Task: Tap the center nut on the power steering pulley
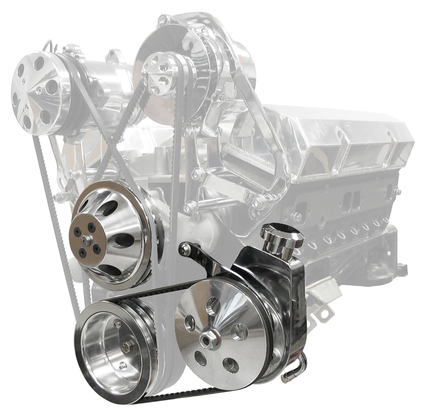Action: (x=206, y=339)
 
